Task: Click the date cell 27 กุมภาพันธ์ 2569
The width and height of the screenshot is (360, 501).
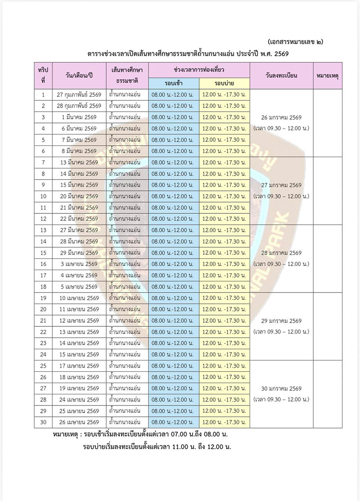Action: point(80,95)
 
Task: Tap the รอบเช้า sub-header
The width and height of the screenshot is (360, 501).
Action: point(174,84)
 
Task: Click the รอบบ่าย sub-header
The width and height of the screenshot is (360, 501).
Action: point(225,84)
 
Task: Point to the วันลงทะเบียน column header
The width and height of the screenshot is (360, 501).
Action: point(281,76)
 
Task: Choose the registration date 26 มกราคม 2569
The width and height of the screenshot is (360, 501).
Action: point(281,117)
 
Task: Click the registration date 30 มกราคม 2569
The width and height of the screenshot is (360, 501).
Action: point(281,388)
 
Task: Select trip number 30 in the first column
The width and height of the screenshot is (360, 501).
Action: point(43,422)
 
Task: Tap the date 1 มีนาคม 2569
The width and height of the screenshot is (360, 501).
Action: point(80,117)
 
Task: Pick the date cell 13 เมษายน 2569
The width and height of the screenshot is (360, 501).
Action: point(80,332)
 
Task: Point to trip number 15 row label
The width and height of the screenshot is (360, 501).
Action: point(43,253)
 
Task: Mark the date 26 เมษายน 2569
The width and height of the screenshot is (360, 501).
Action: point(80,422)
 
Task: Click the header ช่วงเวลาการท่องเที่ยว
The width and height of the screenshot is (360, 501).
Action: point(199,71)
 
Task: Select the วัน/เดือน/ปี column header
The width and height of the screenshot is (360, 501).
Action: point(80,76)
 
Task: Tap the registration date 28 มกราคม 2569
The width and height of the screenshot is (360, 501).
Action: point(281,253)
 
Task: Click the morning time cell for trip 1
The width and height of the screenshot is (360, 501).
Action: point(173,95)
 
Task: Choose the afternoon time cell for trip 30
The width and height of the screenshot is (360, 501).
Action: point(224,422)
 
